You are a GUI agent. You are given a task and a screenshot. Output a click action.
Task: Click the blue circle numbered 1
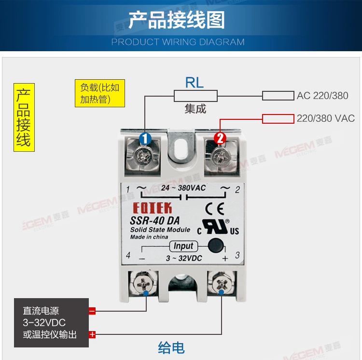coord(145,139)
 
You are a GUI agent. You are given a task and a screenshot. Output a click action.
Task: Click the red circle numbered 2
coord(220,139)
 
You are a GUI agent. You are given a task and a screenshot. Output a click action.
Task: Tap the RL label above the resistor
coord(195,83)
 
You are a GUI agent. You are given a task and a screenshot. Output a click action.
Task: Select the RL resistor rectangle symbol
coord(195,96)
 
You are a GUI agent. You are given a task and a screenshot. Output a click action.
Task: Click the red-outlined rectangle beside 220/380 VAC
coord(278,119)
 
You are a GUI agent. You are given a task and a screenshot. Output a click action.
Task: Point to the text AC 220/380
coord(322,96)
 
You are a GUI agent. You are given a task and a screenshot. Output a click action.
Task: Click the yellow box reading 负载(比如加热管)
coord(100,93)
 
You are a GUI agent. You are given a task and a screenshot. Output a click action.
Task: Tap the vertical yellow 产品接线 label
coord(24,117)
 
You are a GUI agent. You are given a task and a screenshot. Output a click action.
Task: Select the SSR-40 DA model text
coord(154,220)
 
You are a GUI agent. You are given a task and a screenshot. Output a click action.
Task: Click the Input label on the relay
coord(183,246)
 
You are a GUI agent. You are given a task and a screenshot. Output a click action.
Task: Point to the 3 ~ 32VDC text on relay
coord(184,259)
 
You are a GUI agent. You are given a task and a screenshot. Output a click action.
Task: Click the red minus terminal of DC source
coord(92,311)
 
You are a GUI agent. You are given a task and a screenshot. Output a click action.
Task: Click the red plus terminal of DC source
coord(92,334)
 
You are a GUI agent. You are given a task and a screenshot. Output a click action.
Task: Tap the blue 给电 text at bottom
coord(171,347)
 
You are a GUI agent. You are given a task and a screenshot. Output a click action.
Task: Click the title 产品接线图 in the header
coord(177,21)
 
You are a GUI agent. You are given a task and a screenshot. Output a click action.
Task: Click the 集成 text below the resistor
coord(195,109)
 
